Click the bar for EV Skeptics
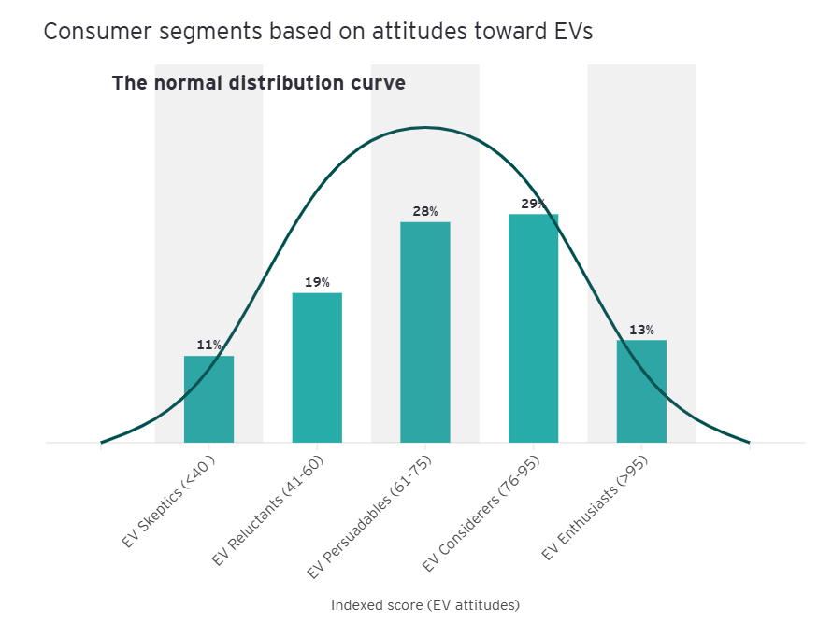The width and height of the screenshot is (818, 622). [208, 400]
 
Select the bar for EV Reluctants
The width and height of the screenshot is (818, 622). [317, 368]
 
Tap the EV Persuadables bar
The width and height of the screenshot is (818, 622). [425, 332]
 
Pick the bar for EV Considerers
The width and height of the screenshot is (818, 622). [533, 329]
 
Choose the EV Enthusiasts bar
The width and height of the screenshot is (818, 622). [641, 391]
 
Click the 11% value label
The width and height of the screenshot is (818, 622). [208, 346]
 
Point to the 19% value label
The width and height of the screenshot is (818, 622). [317, 282]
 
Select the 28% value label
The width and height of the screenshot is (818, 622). [425, 211]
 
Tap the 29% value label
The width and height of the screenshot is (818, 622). [533, 204]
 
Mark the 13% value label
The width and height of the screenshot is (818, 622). [641, 330]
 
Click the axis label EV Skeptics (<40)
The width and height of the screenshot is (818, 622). [169, 502]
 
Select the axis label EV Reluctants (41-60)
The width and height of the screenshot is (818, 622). [268, 511]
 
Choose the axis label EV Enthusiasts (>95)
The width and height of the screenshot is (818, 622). [595, 509]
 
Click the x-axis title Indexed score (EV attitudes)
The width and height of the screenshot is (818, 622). [425, 604]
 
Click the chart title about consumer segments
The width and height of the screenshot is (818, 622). [318, 31]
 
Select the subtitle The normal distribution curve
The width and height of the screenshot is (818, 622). [258, 83]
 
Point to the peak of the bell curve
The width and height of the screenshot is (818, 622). [425, 127]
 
